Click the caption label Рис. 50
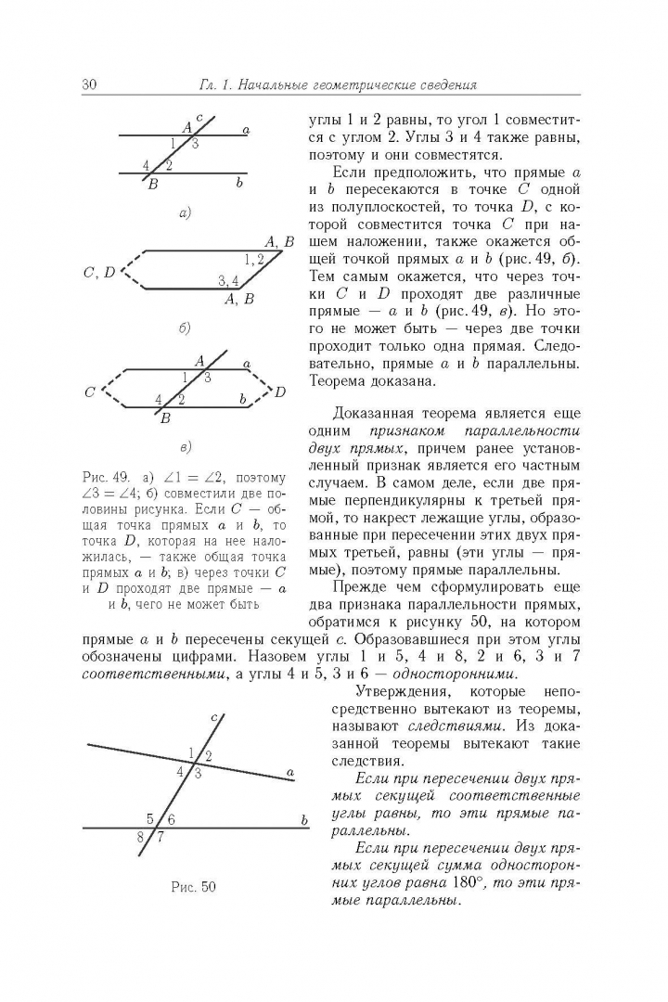coord(193,886)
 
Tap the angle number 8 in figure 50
coord(141,838)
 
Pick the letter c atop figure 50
coord(213,717)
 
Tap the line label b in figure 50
coord(302,820)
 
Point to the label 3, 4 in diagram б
coord(228,280)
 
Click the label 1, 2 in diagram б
coord(253,259)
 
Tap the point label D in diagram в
coord(280,392)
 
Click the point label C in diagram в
coord(90,392)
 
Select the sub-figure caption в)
coord(186,449)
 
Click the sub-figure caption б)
coord(185,328)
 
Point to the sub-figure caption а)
coord(185,213)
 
